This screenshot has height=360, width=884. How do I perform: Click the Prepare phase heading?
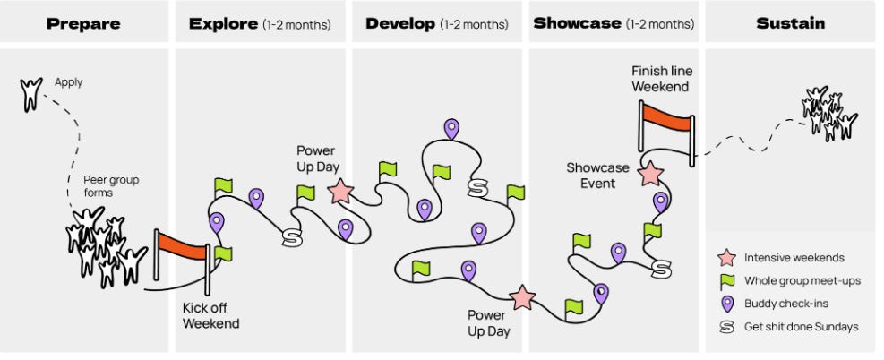[x=83, y=23]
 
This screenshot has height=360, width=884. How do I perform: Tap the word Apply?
[x=68, y=82]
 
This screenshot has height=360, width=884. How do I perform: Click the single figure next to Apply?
[x=31, y=92]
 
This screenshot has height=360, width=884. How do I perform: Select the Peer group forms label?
[x=111, y=186]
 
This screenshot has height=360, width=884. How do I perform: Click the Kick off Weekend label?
[x=211, y=315]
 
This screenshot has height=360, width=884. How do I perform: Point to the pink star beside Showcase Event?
[x=651, y=173]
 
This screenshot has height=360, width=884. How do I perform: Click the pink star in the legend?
[x=726, y=258]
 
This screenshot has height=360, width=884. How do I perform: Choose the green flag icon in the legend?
[x=726, y=280]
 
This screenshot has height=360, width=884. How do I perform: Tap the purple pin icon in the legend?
[x=726, y=303]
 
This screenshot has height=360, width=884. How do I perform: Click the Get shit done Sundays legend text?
[x=801, y=326]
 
